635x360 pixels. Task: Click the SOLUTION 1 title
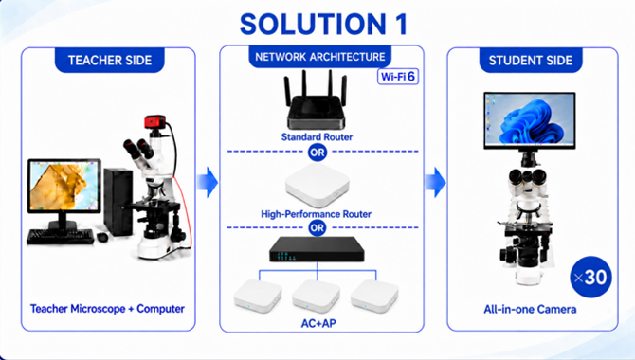pos(323,24)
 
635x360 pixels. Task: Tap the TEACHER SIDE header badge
pos(109,60)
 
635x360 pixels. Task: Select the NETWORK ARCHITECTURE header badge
pos(320,56)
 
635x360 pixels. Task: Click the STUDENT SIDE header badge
pos(531,61)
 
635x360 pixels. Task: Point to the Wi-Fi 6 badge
pos(398,76)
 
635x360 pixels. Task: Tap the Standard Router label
pos(317,136)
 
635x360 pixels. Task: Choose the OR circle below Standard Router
pos(317,153)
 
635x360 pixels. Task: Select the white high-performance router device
pos(317,187)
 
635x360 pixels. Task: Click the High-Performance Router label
pos(316,214)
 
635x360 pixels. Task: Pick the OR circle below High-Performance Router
pos(317,228)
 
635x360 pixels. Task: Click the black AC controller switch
pos(317,249)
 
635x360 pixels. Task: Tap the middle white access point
pos(317,296)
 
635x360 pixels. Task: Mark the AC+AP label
pos(318,323)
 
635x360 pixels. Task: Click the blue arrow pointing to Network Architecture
pos(208,182)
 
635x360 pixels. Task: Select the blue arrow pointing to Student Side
pos(435,182)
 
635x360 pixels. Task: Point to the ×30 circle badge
pos(590,277)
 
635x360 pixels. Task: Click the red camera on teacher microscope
pos(155,122)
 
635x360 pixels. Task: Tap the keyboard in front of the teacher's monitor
pos(61,237)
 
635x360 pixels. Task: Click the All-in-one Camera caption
pos(530,310)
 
